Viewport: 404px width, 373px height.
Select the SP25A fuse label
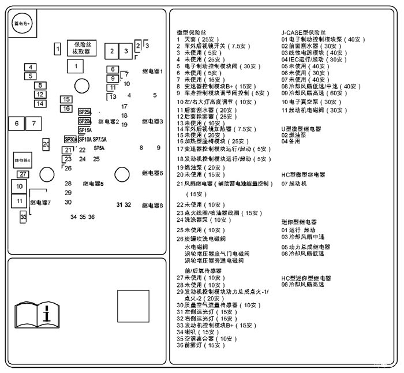pos(85,112)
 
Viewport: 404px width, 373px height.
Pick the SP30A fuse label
pos(70,139)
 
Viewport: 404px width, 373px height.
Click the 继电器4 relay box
pos(23,159)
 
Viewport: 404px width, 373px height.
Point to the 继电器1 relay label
pos(153,72)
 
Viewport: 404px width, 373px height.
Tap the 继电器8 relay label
pos(153,205)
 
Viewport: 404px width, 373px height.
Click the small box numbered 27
pos(23,174)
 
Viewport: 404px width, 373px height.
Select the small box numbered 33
pos(23,217)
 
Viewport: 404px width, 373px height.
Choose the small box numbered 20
pos(46,144)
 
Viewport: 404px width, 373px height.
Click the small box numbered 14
pos(40,104)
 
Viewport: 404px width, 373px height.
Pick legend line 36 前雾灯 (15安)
pos(201,345)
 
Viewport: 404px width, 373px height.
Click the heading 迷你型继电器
pos(299,222)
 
